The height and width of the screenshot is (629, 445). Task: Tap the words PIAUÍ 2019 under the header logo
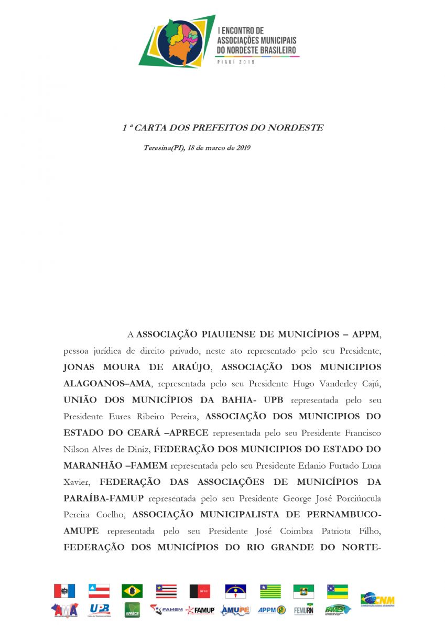[235, 62]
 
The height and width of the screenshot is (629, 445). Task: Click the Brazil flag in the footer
[132, 591]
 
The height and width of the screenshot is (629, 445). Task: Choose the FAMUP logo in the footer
[200, 610]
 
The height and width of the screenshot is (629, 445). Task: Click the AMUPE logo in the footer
[235, 610]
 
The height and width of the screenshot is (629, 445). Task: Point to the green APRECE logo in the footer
[132, 610]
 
